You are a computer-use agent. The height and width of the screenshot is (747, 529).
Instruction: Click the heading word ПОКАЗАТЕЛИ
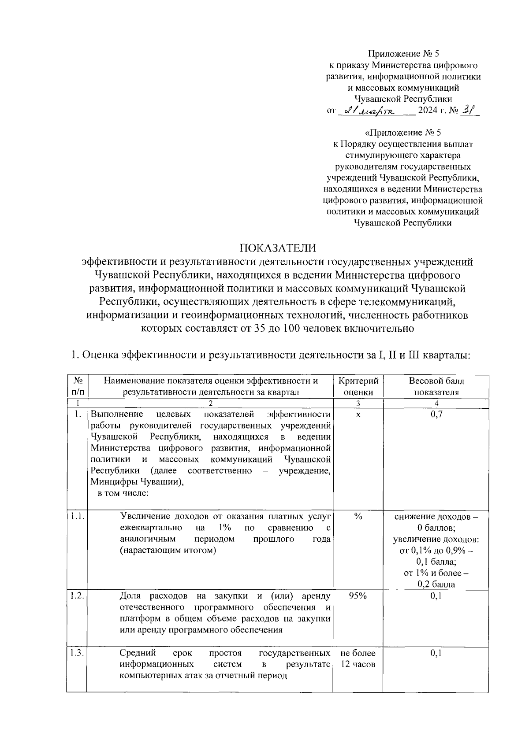(x=278, y=248)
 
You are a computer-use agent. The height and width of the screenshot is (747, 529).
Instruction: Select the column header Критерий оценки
(x=358, y=386)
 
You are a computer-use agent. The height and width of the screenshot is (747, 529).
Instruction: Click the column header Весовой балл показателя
(x=436, y=386)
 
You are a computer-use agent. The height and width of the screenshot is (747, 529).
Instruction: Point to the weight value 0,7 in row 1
(x=436, y=414)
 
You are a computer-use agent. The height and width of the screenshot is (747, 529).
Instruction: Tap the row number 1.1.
(x=77, y=516)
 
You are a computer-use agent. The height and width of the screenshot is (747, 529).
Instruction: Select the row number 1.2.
(x=77, y=595)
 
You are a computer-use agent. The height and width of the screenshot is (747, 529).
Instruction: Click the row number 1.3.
(x=77, y=653)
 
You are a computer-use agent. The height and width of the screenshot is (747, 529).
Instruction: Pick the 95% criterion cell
(x=358, y=596)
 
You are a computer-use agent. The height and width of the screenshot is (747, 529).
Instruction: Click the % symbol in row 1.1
(x=358, y=517)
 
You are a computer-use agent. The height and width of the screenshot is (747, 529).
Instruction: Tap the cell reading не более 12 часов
(x=358, y=658)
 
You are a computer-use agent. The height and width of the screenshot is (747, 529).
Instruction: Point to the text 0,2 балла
(x=436, y=584)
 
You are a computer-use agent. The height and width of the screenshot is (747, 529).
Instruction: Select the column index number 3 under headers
(x=358, y=403)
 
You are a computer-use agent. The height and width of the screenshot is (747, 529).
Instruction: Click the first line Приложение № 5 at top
(x=404, y=54)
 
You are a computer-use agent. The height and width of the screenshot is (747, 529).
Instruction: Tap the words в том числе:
(x=123, y=493)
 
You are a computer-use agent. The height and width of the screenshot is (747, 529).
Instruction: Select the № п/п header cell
(x=77, y=386)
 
